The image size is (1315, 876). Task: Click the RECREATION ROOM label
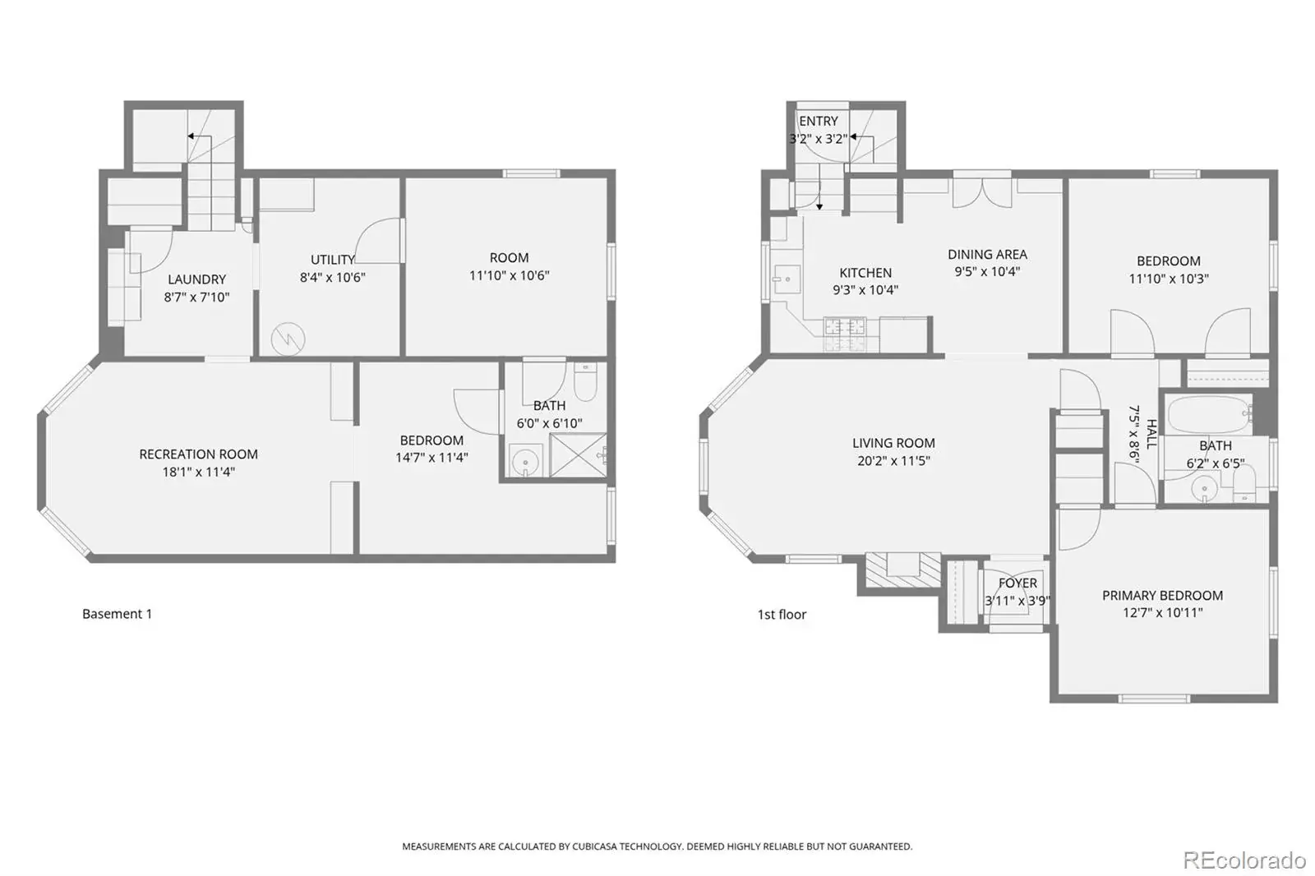[198, 454]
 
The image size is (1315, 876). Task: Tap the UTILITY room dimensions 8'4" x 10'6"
[333, 277]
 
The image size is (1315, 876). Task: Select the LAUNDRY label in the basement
[196, 279]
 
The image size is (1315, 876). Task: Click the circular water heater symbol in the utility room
[288, 339]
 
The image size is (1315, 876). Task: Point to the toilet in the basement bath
[584, 382]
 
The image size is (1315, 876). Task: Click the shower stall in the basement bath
[579, 455]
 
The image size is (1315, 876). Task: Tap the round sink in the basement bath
[525, 461]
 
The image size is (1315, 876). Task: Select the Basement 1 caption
[117, 614]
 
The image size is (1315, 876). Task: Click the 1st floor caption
[782, 615]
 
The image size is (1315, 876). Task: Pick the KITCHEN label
[865, 273]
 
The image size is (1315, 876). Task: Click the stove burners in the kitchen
[845, 334]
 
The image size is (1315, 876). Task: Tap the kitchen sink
[786, 279]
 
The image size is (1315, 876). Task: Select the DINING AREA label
[987, 254]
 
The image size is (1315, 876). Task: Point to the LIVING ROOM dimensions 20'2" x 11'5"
[893, 461]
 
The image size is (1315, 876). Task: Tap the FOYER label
[1017, 583]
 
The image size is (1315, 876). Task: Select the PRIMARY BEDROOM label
[1162, 595]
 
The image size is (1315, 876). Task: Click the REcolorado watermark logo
[1244, 860]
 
